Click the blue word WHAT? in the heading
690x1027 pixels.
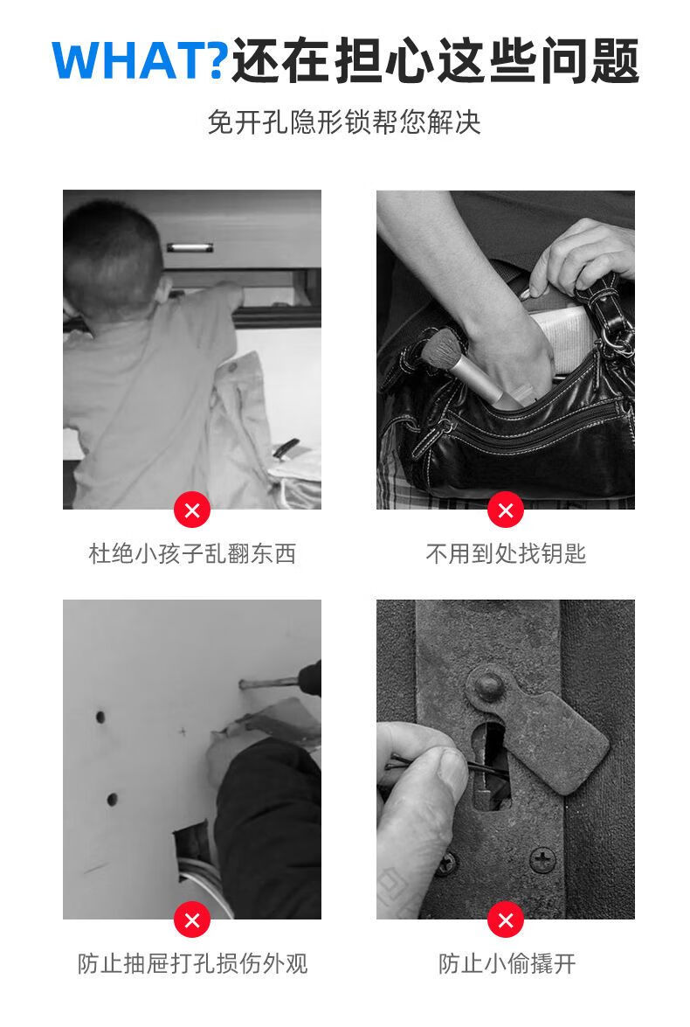click(140, 60)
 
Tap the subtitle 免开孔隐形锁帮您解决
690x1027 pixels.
click(344, 121)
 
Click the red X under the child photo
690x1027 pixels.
click(192, 510)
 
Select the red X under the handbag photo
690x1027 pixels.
click(506, 510)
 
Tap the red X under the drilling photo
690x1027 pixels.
click(192, 920)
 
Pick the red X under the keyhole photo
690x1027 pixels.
click(506, 920)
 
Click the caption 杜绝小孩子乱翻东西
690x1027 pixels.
click(192, 554)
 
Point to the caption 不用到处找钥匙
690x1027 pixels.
click(506, 554)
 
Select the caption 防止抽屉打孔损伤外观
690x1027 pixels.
click(192, 963)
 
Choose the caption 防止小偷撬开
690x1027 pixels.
click(507, 963)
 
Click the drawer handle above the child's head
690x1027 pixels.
click(190, 247)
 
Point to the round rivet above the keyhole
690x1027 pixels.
click(488, 686)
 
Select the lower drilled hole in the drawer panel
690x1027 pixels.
click(112, 799)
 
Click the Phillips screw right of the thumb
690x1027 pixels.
click(542, 857)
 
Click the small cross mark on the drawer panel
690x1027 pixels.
click(183, 731)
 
